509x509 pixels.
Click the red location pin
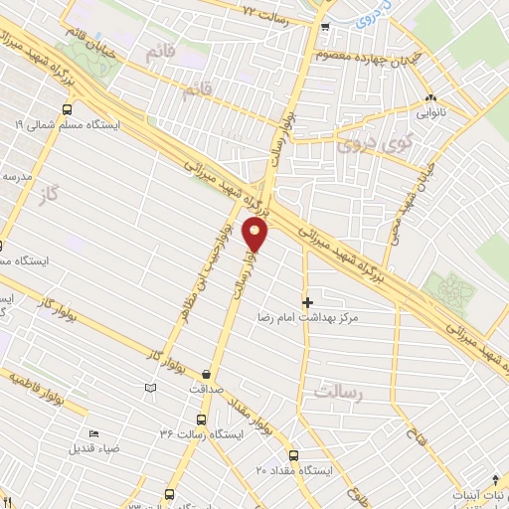[256, 235]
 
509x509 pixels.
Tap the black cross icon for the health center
[307, 301]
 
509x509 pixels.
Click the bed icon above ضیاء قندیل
[93, 433]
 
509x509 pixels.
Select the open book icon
[150, 387]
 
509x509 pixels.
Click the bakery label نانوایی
[430, 112]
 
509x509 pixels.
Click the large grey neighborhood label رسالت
[334, 392]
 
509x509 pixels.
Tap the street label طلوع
[357, 494]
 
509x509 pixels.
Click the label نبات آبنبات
[478, 494]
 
